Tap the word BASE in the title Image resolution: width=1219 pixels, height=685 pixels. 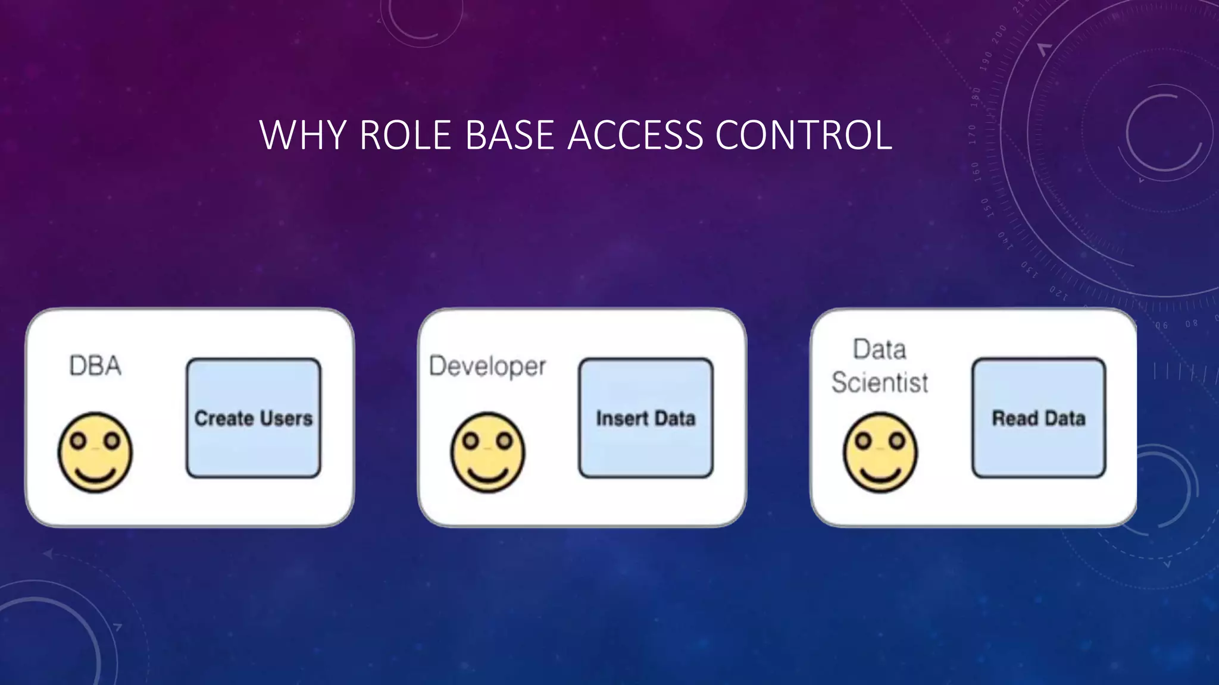[x=510, y=135]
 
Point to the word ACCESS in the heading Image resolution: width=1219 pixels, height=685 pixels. [x=635, y=135]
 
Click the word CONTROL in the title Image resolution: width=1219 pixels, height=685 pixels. [x=804, y=135]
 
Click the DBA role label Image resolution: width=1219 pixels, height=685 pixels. [x=95, y=366]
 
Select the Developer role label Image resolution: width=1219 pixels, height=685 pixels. [x=487, y=366]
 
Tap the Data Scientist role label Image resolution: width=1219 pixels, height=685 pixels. [x=880, y=366]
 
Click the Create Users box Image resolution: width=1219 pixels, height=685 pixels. [x=254, y=418]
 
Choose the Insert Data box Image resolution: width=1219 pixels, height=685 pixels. [x=646, y=418]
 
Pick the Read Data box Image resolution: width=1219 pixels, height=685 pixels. [x=1039, y=418]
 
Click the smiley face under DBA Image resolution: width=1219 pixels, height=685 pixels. [x=95, y=453]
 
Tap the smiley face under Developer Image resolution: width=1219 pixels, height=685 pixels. [x=487, y=453]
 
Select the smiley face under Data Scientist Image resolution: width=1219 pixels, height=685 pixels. [x=880, y=453]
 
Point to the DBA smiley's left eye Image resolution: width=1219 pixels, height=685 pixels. [x=79, y=441]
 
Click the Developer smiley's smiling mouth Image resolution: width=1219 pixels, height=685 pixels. [x=487, y=473]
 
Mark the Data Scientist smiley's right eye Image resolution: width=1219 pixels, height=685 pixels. [x=896, y=441]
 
